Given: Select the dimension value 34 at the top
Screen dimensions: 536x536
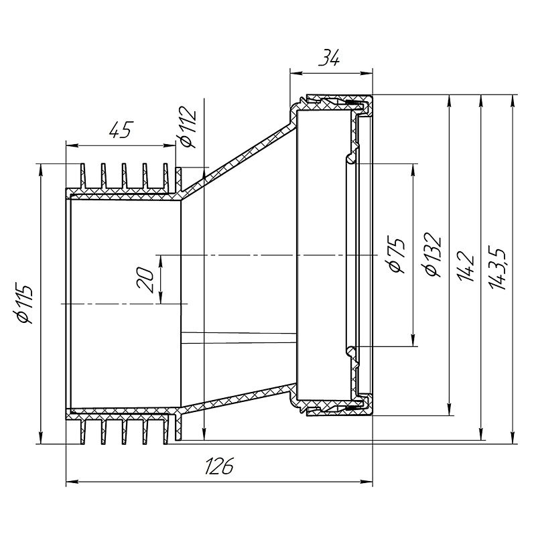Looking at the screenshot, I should pyautogui.click(x=329, y=59).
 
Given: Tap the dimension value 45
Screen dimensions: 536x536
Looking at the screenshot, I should pyautogui.click(x=119, y=130).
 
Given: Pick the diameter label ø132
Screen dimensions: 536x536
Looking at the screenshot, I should pyautogui.click(x=432, y=255).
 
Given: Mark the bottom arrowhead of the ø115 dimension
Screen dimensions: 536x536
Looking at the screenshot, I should pyautogui.click(x=42, y=439).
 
